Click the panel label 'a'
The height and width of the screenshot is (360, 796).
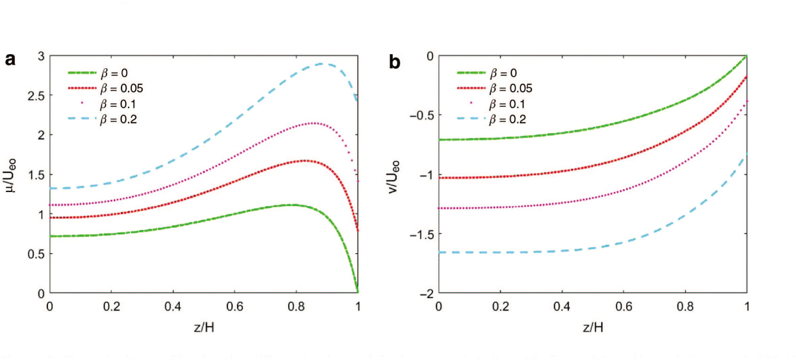coord(10,60)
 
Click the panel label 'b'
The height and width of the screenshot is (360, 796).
coord(394,62)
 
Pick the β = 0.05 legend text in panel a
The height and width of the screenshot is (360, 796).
coord(121,88)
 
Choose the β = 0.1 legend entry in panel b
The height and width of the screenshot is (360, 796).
coord(507,104)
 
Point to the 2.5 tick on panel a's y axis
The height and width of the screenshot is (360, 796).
coord(36,96)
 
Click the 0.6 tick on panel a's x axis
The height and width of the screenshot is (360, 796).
coord(235,307)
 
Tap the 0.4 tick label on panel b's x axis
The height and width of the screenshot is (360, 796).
coord(562,307)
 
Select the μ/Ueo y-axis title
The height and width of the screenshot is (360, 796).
coord(10,175)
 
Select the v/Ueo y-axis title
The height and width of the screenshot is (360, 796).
coord(393,176)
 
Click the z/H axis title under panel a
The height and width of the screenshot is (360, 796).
coord(204,327)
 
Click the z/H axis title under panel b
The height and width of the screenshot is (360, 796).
coord(593,327)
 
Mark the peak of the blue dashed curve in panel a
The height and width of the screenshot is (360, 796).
coord(322,64)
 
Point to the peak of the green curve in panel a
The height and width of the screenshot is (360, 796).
coord(292,205)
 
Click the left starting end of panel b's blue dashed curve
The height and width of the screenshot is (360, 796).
coord(440,253)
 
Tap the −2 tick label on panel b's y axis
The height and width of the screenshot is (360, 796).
coord(427,294)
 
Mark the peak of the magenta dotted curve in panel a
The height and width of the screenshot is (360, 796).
coord(312,123)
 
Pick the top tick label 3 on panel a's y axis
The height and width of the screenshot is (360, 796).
coord(41,56)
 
